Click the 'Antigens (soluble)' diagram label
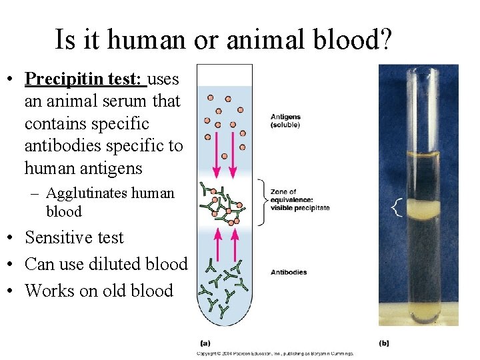pyautogui.click(x=285, y=121)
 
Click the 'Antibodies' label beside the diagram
pyautogui.click(x=289, y=272)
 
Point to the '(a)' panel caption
pyautogui.click(x=206, y=343)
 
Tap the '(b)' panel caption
pyautogui.click(x=384, y=343)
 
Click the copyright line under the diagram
pyautogui.click(x=275, y=354)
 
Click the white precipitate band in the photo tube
pyautogui.click(x=421, y=209)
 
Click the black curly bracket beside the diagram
pyautogui.click(x=261, y=203)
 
